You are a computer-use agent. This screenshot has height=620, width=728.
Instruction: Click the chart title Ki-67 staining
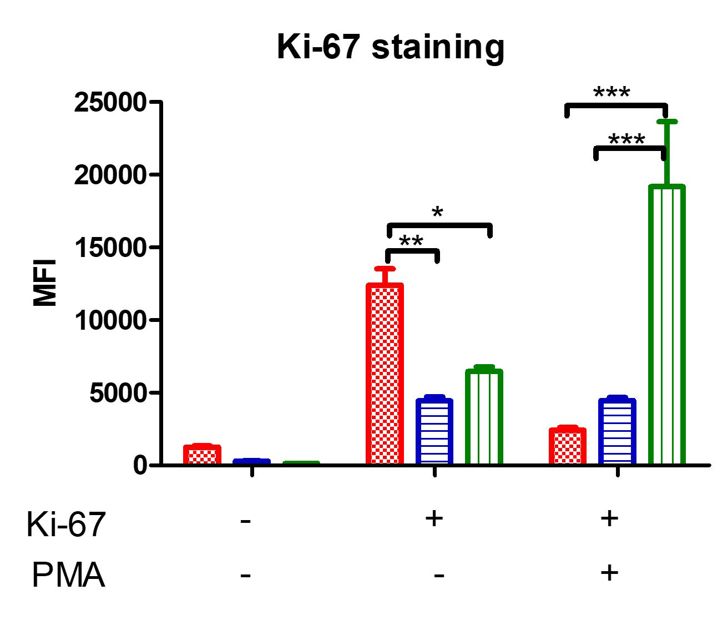pyautogui.click(x=391, y=47)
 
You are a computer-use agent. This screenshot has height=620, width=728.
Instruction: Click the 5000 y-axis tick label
pyautogui.click(x=117, y=393)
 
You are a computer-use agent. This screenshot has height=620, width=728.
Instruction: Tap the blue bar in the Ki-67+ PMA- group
pyautogui.click(x=434, y=431)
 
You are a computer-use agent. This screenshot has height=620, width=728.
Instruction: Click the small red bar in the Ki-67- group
pyautogui.click(x=202, y=455)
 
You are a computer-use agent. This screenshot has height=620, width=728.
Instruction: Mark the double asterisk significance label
pyautogui.click(x=411, y=241)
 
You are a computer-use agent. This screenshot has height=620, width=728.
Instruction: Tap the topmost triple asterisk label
pyautogui.click(x=611, y=93)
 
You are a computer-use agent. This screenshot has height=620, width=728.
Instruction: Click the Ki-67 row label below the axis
pyautogui.click(x=65, y=524)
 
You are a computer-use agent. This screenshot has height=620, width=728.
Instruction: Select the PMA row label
pyautogui.click(x=68, y=575)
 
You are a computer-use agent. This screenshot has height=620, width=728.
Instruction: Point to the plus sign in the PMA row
pyautogui.click(x=609, y=572)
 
